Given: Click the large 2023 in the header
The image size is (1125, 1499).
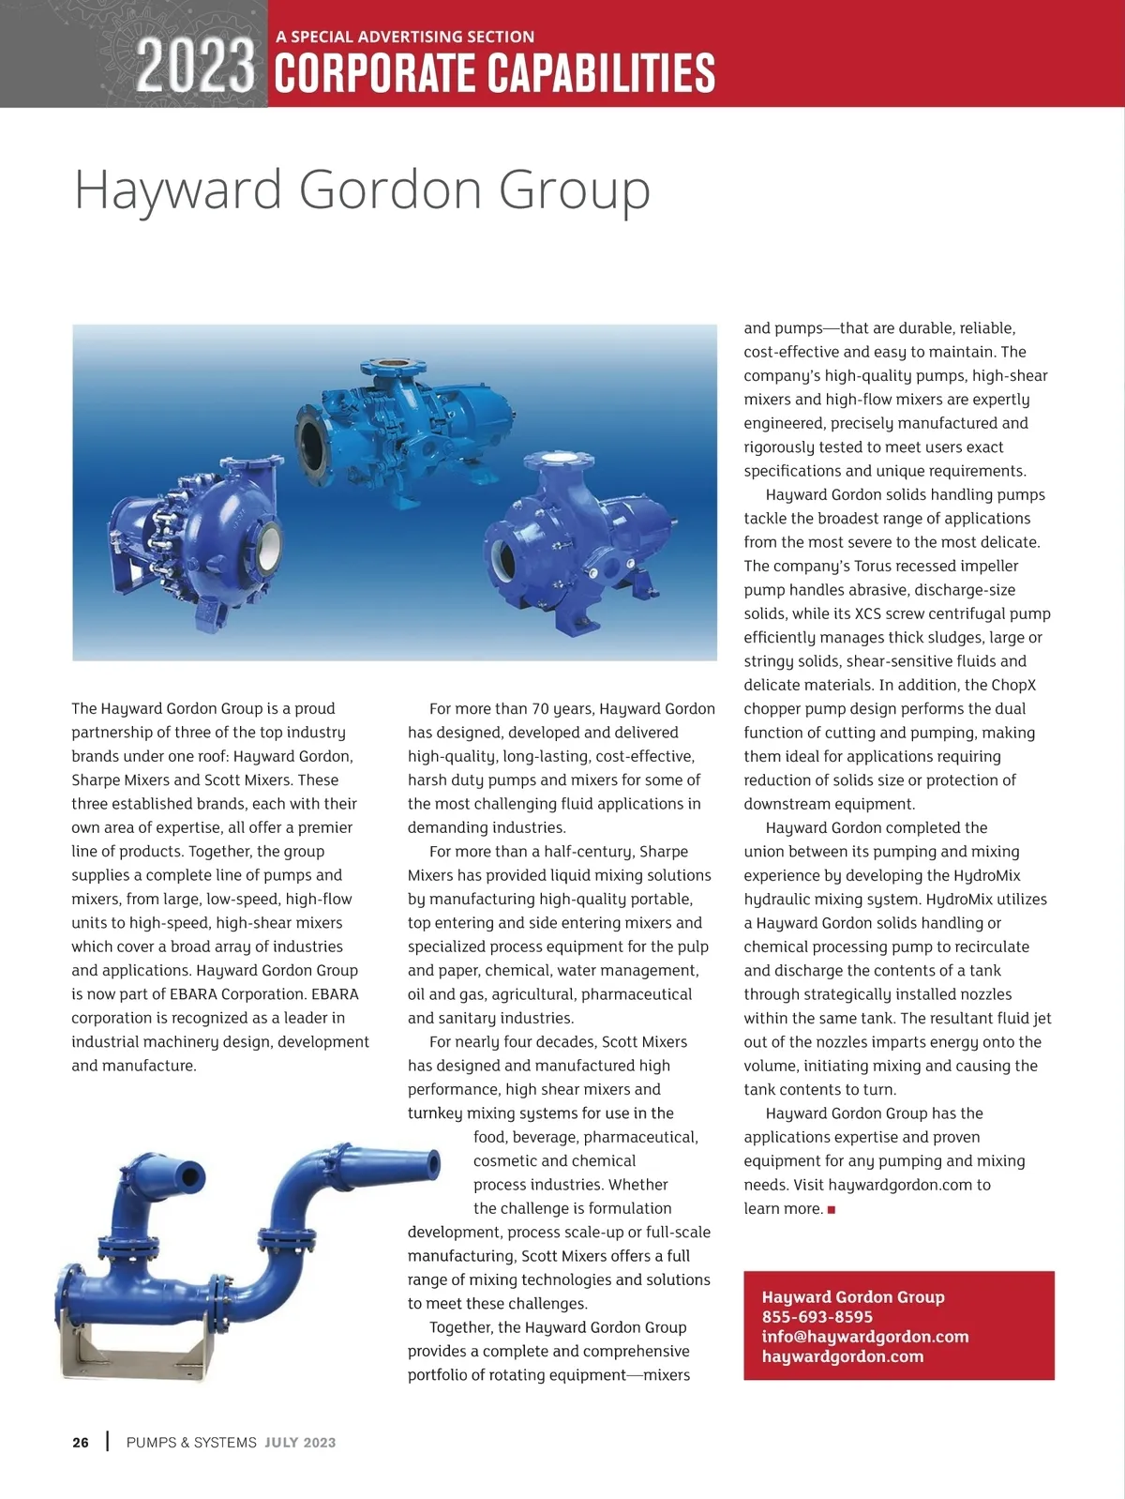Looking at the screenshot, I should click(x=195, y=68).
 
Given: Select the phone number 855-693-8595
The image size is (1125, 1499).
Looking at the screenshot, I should click(x=817, y=1317).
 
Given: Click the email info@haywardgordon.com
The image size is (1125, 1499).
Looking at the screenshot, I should click(x=864, y=1337).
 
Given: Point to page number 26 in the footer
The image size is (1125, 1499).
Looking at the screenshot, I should click(x=81, y=1443).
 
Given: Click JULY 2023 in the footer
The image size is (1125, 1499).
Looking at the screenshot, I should click(x=300, y=1443).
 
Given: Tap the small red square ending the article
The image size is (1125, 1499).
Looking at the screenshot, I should click(x=831, y=1209).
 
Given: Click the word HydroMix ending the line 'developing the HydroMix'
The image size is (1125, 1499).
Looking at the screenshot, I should click(x=986, y=875).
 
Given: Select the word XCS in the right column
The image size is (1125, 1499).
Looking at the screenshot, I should click(x=868, y=613).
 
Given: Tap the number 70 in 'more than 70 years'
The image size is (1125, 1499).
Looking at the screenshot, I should click(x=541, y=709).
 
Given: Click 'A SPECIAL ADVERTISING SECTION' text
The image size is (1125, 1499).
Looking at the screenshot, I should click(x=405, y=37).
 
